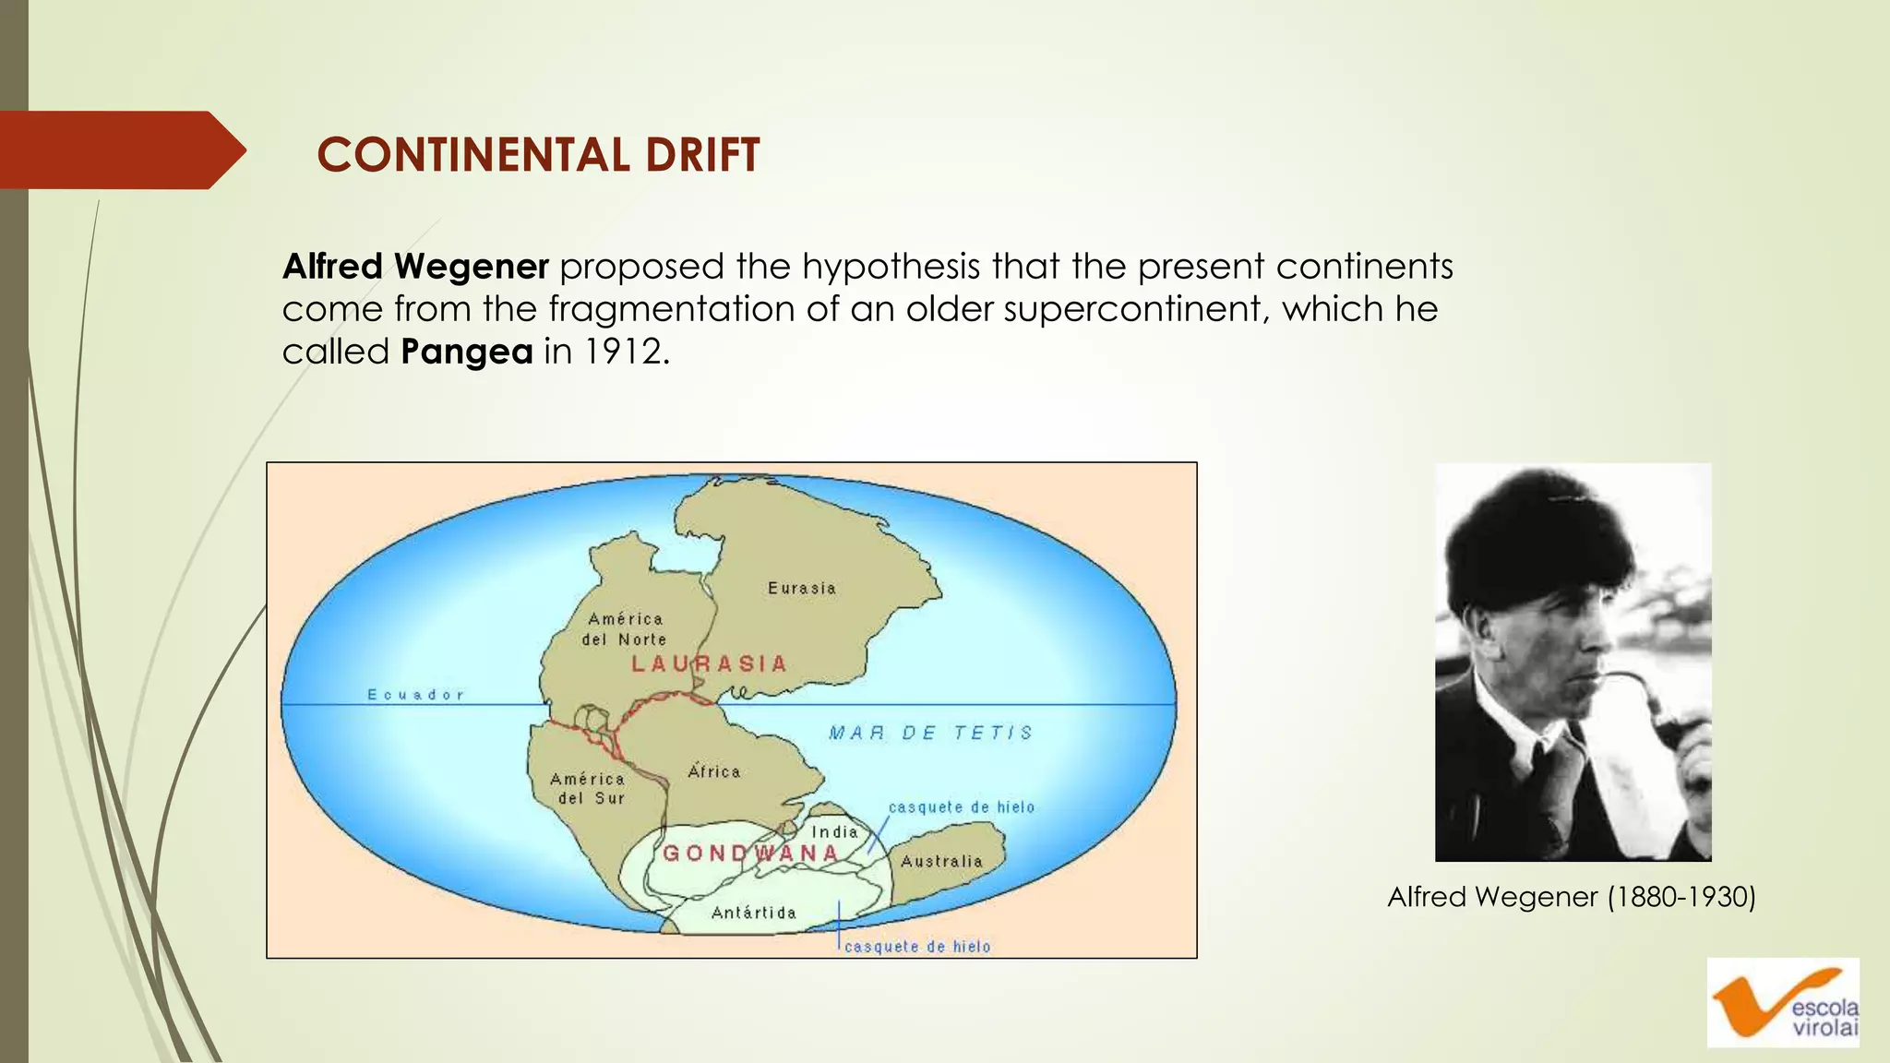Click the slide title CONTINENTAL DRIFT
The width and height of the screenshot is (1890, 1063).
pos(538,154)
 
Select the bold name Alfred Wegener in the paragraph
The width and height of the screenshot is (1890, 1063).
pos(415,267)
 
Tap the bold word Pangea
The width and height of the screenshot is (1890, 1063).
pos(467,352)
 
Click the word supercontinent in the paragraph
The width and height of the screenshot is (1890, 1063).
pos(1130,309)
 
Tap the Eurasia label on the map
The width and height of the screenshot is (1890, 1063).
pos(802,588)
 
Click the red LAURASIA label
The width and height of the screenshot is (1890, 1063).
pos(709,663)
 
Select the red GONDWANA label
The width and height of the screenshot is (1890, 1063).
pos(750,853)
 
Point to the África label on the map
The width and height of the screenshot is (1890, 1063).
pos(714,771)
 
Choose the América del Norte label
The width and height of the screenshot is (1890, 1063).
pos(625,629)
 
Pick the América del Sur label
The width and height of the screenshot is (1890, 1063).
pos(589,789)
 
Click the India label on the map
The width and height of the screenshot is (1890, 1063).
pos(834,831)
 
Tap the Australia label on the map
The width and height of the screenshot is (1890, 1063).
pos(941,861)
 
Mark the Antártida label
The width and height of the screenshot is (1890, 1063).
pos(753,913)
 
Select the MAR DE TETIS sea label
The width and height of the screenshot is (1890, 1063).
pos(930,733)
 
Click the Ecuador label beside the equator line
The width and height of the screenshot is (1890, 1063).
pos(415,695)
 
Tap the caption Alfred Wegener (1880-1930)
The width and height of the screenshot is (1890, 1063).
pos(1572,897)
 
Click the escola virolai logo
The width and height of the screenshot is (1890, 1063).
pos(1783,1003)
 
